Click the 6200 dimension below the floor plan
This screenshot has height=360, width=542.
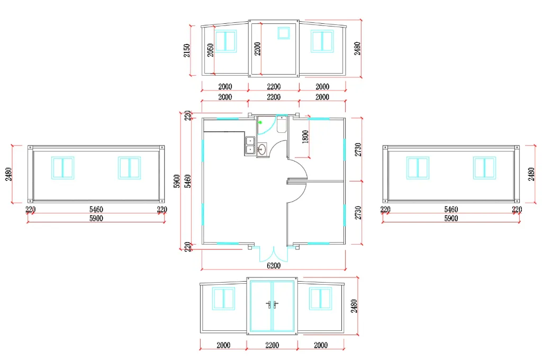273,265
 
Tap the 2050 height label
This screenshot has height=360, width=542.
210,50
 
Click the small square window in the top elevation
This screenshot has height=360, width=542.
284,33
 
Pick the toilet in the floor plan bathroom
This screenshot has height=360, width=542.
281,124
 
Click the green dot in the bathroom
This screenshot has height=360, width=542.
260,123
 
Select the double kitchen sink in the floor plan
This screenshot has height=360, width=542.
250,145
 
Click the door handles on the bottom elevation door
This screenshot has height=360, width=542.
273,304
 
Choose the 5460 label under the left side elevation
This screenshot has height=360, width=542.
96,210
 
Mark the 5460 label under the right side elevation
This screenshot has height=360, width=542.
451,210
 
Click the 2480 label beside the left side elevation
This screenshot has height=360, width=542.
9,174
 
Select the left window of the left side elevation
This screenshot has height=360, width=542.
63,167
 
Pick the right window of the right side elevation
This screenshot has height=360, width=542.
484,167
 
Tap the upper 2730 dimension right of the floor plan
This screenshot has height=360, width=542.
358,149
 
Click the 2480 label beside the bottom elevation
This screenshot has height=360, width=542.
354,306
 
